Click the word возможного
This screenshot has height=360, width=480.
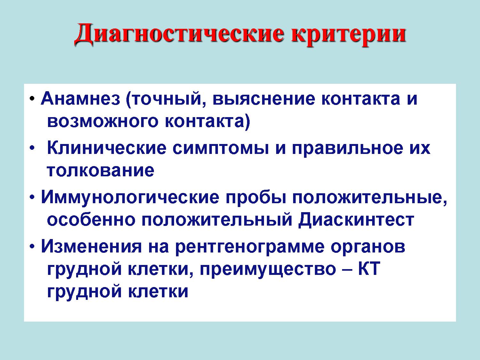(103, 122)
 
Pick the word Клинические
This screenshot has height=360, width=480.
(107, 148)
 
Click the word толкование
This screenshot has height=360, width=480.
(100, 171)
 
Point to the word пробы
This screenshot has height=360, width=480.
(256, 198)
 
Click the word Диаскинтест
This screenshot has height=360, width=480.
(356, 220)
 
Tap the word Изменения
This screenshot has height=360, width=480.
(92, 246)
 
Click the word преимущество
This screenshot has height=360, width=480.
(268, 270)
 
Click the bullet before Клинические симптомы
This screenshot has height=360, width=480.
(32, 148)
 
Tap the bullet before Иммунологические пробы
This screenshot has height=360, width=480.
(32, 198)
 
